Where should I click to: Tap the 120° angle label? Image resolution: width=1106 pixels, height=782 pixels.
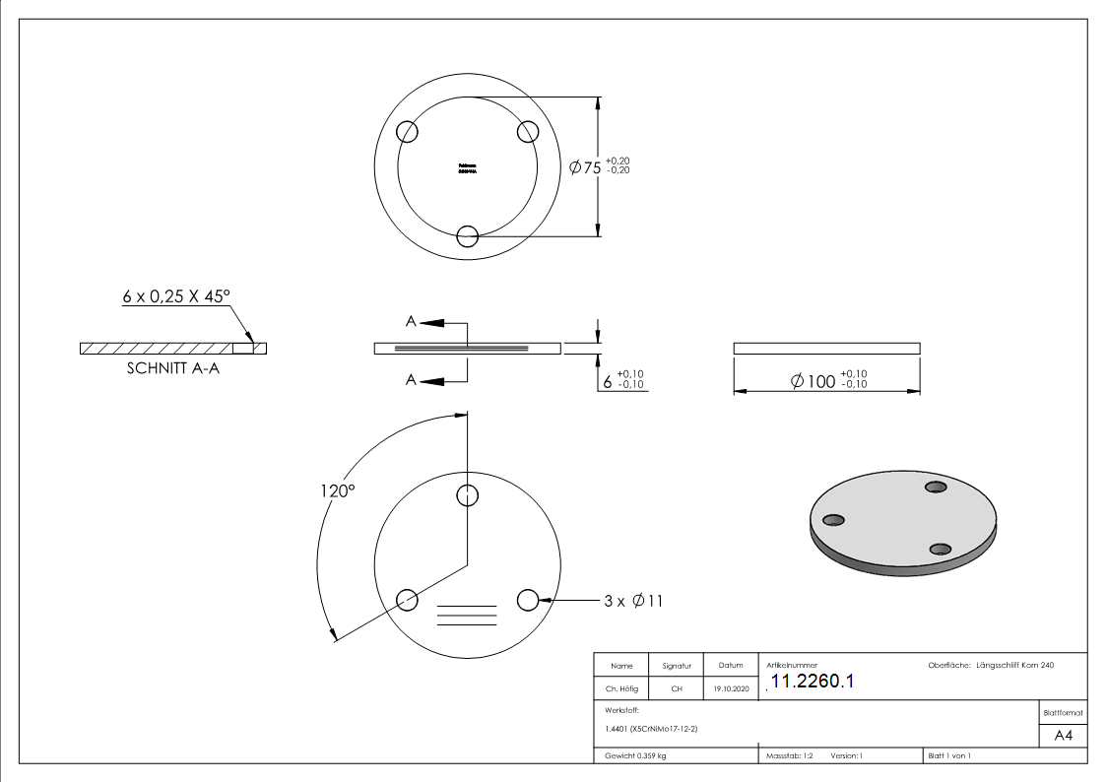tap(336, 490)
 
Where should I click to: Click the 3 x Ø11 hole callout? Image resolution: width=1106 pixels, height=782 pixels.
tap(633, 600)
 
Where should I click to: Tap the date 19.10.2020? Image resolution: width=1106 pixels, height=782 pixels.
tap(730, 689)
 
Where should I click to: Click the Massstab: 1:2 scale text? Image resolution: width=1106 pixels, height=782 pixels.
tap(790, 756)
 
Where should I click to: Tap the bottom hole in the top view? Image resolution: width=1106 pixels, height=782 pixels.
tap(468, 235)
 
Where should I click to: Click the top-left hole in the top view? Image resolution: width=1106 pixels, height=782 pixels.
tap(407, 132)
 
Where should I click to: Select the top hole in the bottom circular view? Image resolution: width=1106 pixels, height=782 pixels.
tap(468, 495)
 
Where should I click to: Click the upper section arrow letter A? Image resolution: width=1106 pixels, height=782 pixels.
tap(411, 321)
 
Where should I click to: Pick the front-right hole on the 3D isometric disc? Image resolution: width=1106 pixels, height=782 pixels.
tap(941, 550)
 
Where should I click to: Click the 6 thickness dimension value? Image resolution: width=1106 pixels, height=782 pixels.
tap(608, 380)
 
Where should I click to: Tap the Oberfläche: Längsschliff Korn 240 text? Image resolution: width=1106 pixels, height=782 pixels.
tap(991, 666)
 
